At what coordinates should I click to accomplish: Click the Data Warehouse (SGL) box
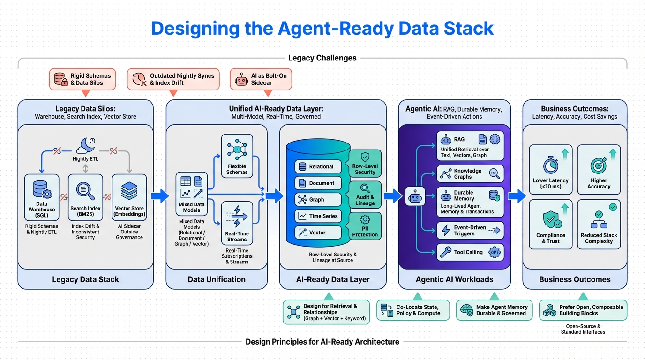click(x=42, y=197)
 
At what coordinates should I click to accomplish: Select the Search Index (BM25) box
click(x=85, y=197)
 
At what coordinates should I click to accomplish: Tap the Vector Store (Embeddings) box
click(x=129, y=197)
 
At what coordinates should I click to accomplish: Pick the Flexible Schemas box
click(x=237, y=156)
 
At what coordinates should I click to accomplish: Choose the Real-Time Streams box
click(x=237, y=223)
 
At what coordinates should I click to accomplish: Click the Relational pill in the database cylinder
click(x=317, y=166)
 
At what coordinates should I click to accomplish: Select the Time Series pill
click(x=317, y=216)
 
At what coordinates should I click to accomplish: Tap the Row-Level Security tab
click(x=365, y=164)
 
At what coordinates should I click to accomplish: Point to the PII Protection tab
click(x=365, y=226)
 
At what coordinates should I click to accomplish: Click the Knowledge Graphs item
click(x=470, y=173)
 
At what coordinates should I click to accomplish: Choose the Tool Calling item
click(x=470, y=252)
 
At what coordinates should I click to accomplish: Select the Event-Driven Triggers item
click(x=470, y=230)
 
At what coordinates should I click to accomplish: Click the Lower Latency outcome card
click(x=551, y=169)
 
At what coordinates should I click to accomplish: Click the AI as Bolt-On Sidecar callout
click(x=261, y=79)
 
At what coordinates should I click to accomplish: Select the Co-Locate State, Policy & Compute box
click(x=413, y=310)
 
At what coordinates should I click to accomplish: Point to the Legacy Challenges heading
click(x=322, y=58)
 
